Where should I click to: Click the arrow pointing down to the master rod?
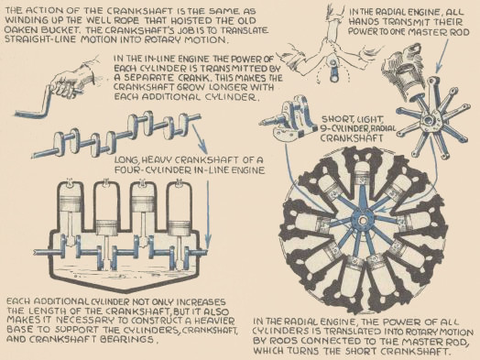[x=442, y=55]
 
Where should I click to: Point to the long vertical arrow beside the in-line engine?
[x=208, y=214]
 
